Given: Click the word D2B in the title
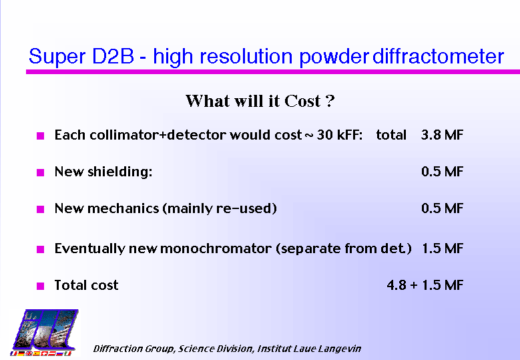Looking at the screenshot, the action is point(113,56).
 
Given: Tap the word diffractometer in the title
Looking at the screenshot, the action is point(439,55).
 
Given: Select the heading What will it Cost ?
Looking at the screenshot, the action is point(260,101).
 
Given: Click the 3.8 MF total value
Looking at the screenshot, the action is point(442,135).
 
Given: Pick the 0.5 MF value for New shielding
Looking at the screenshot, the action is point(442,172).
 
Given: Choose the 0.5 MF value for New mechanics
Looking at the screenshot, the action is point(442,208).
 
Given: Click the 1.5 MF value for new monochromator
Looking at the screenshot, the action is point(443,248).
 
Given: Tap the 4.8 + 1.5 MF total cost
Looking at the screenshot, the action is point(425,285).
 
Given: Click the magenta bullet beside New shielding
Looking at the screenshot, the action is point(41,172).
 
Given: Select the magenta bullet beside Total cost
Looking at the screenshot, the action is point(41,286).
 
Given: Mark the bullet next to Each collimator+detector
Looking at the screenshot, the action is point(41,136).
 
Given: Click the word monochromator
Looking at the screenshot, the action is point(216,248).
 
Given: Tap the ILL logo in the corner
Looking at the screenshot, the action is point(45,333).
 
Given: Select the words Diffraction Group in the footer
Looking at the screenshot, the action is point(134,349).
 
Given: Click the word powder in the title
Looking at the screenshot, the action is point(334,57).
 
